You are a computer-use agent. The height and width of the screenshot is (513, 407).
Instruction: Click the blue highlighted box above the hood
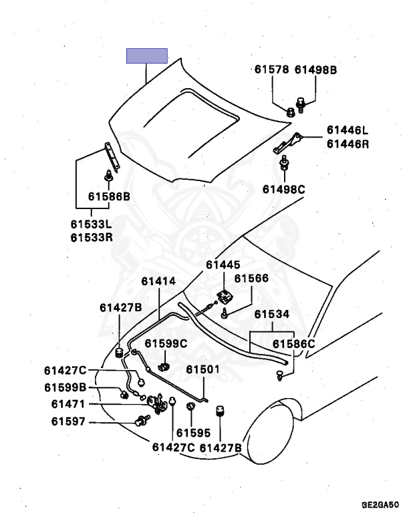click(x=147, y=55)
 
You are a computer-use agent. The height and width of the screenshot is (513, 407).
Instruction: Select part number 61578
click(x=271, y=69)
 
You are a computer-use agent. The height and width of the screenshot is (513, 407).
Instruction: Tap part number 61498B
click(x=316, y=69)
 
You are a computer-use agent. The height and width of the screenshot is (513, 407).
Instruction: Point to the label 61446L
click(x=348, y=130)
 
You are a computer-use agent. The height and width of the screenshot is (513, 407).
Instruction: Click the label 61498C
click(x=283, y=189)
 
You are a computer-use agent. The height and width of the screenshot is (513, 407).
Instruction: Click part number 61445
click(x=223, y=265)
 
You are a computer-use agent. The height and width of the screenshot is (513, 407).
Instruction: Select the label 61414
click(x=158, y=281)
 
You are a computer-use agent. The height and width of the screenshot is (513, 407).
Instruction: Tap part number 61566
click(x=251, y=279)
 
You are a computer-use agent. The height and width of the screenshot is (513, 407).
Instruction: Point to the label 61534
click(x=271, y=314)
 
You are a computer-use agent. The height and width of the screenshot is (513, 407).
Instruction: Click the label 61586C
click(x=293, y=344)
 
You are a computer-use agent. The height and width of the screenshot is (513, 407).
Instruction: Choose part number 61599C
click(x=166, y=344)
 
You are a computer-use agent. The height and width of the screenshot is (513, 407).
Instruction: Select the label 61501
click(x=202, y=369)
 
